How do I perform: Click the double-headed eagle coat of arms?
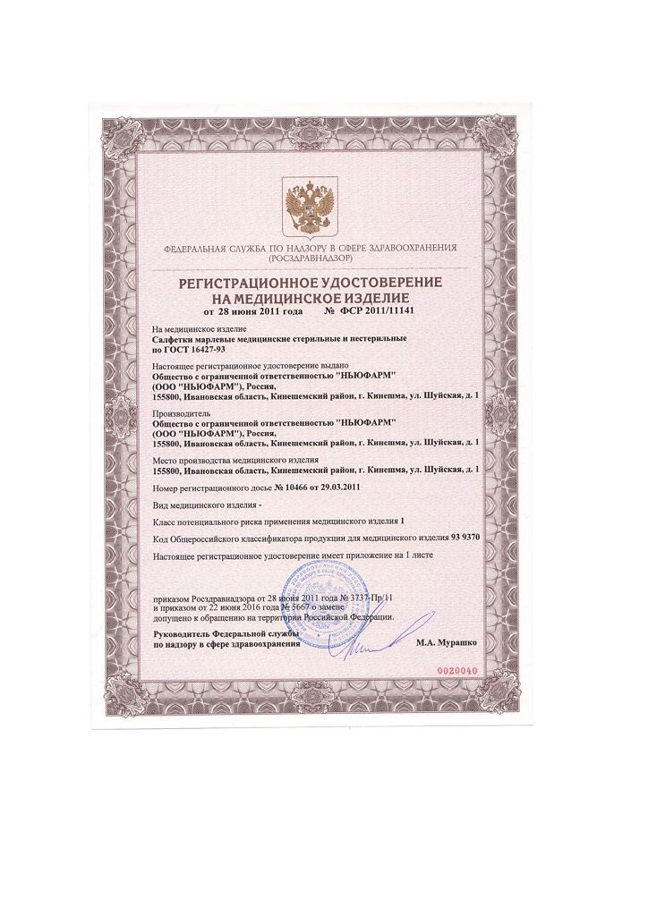[310, 206]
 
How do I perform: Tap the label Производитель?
[182, 413]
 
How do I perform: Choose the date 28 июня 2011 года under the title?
[254, 310]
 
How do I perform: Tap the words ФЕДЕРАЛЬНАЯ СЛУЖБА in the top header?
[209, 248]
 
